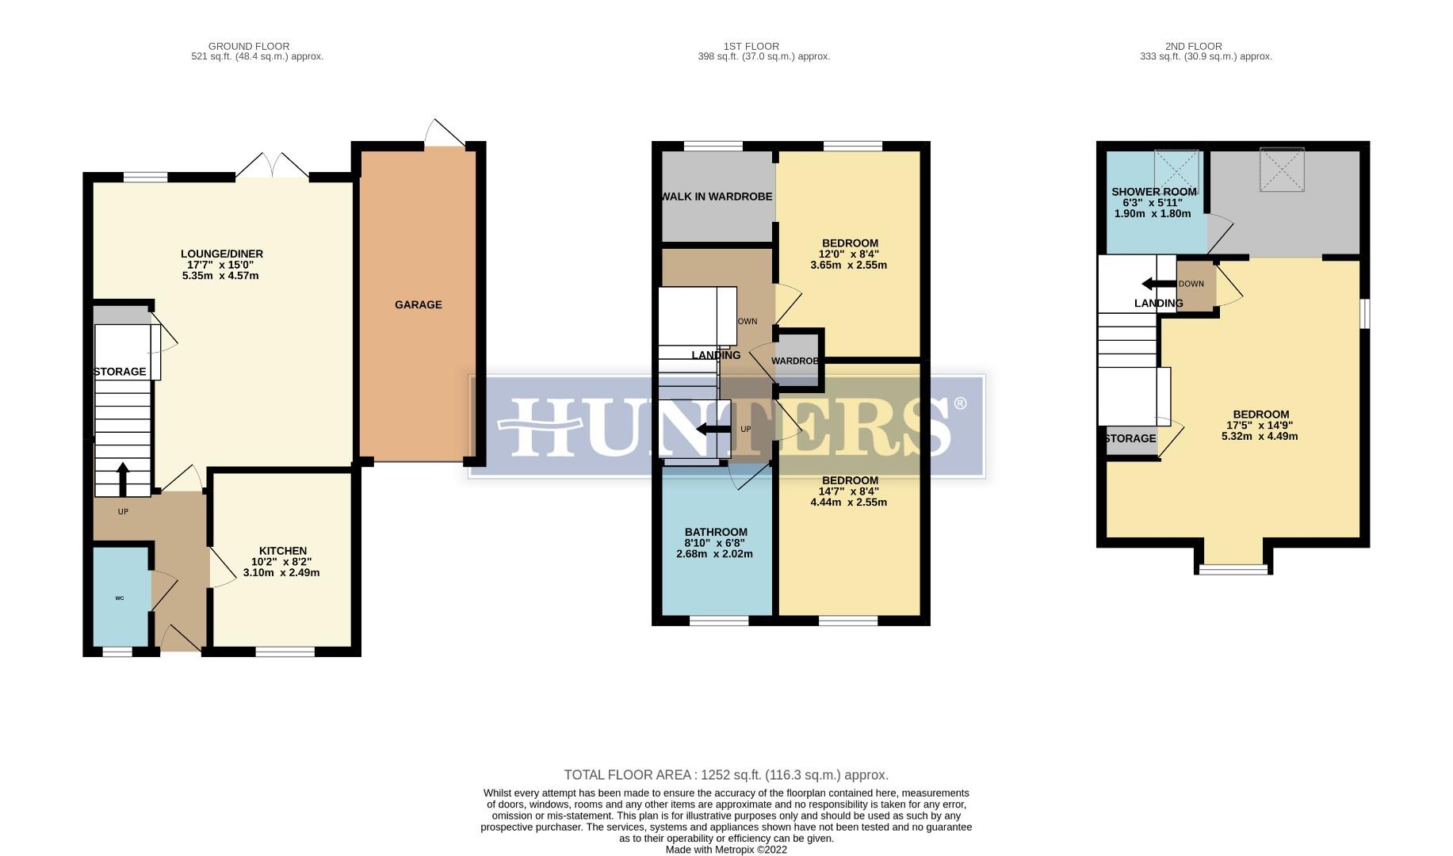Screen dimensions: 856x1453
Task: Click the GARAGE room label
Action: [418, 304]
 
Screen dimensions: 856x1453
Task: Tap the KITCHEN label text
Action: [282, 551]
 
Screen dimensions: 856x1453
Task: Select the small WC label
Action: [120, 598]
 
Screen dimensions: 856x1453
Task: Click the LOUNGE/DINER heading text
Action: [221, 254]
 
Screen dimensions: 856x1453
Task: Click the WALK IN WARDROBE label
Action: [717, 197]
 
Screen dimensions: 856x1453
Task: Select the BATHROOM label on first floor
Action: [716, 532]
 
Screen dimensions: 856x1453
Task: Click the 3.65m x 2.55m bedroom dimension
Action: [848, 266]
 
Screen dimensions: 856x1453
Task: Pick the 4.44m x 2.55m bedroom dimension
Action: [848, 503]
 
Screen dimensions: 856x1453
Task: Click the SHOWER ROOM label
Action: [1153, 192]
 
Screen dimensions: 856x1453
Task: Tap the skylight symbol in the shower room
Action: [1176, 170]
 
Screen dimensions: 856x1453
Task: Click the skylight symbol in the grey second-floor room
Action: [1282, 169]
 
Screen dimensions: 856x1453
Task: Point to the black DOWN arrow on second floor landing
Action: [1157, 284]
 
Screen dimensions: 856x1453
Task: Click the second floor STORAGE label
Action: [1130, 438]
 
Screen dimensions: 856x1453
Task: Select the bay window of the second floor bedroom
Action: [1233, 568]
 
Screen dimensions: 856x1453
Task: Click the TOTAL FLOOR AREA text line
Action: [725, 775]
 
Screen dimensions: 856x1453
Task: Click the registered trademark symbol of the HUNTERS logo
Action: [961, 403]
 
